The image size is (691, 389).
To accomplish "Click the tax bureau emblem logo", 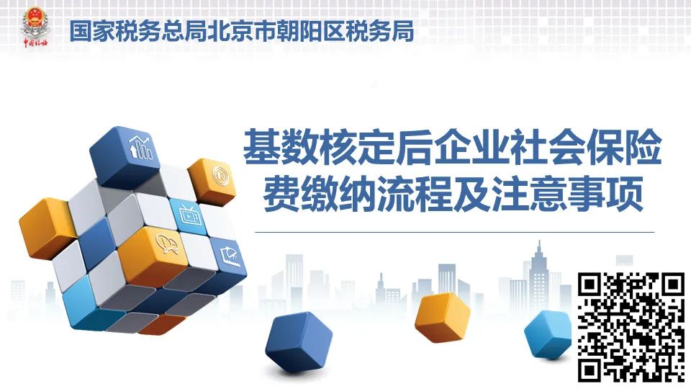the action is click(x=36, y=27).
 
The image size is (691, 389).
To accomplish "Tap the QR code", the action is click(x=631, y=327).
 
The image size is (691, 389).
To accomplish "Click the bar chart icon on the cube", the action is click(x=140, y=147).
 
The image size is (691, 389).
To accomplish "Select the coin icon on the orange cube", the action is click(x=220, y=175).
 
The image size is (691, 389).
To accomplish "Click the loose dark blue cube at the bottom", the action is click(x=298, y=340).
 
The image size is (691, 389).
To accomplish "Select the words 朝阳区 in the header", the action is click(x=310, y=31).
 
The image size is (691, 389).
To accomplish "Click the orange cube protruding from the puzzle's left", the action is click(x=43, y=228).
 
